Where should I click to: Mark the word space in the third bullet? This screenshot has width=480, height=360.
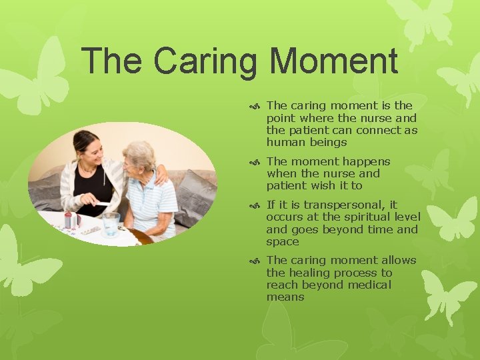(283, 241)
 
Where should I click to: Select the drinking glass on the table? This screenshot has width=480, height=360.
(111, 223)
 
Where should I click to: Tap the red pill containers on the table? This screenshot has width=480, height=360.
(69, 221)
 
